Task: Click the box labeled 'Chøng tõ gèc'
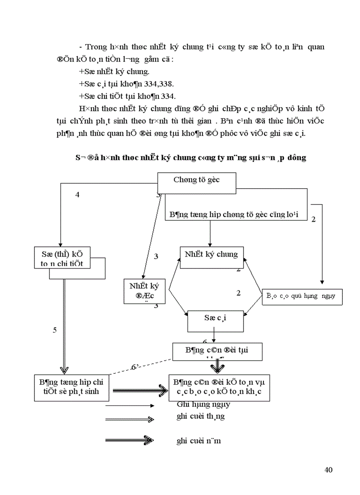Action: [196, 180]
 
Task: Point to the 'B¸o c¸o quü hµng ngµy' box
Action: [302, 296]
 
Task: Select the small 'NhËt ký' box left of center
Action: [144, 291]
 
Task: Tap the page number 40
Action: [328, 469]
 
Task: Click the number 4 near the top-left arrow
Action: [78, 195]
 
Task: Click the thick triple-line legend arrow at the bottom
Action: [129, 440]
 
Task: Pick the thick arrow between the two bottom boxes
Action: [140, 390]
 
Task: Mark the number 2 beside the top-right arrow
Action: [314, 219]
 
